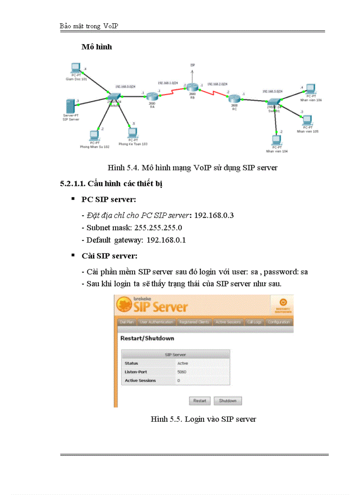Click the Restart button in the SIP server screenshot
point(199,401)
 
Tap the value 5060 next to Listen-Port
point(182,372)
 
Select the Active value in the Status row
point(182,363)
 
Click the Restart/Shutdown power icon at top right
point(283,303)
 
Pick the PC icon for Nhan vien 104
point(276,141)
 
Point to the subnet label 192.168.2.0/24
point(217,84)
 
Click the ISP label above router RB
point(192,65)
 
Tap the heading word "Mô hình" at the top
point(97,47)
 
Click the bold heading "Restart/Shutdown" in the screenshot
point(147,338)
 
